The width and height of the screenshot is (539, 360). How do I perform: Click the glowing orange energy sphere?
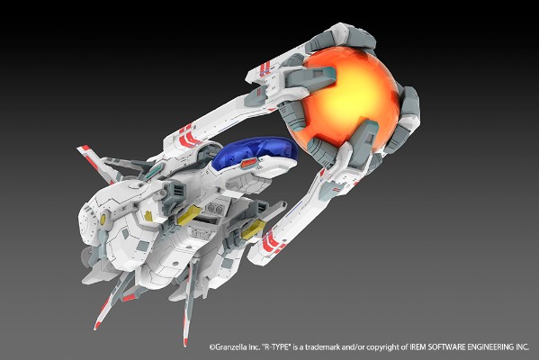[353, 102]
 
